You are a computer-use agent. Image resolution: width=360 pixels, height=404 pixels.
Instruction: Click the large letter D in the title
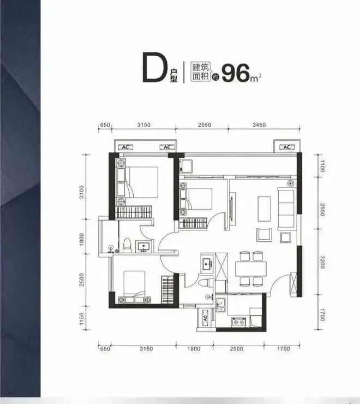154,67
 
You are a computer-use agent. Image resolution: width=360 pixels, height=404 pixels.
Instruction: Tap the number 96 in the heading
236,73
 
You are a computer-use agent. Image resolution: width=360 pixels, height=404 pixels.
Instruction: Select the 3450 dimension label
259,124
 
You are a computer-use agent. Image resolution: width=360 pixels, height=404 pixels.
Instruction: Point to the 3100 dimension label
82,192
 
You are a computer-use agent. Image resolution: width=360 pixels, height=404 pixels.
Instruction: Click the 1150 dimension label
82,318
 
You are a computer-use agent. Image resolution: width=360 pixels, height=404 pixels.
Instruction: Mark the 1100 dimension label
322,166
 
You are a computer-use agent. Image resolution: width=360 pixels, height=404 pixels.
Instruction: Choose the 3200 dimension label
322,262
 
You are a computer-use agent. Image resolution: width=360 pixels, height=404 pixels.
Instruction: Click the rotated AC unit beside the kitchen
205,318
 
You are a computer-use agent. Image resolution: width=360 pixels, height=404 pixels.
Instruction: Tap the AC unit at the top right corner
287,147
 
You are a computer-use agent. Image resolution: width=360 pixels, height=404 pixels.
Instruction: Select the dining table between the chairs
251,269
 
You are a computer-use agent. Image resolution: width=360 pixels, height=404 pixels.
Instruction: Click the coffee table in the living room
264,209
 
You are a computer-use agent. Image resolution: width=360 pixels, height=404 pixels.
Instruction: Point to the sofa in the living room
286,209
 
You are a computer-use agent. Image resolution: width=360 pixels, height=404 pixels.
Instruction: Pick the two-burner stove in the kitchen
239,322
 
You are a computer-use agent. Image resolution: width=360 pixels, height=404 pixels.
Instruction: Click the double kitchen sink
221,305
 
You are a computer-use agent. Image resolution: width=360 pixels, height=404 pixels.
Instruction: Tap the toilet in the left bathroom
127,246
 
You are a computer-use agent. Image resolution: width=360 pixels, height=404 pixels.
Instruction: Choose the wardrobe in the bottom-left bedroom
167,289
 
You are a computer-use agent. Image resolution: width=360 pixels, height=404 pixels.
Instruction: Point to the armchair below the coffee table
264,234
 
